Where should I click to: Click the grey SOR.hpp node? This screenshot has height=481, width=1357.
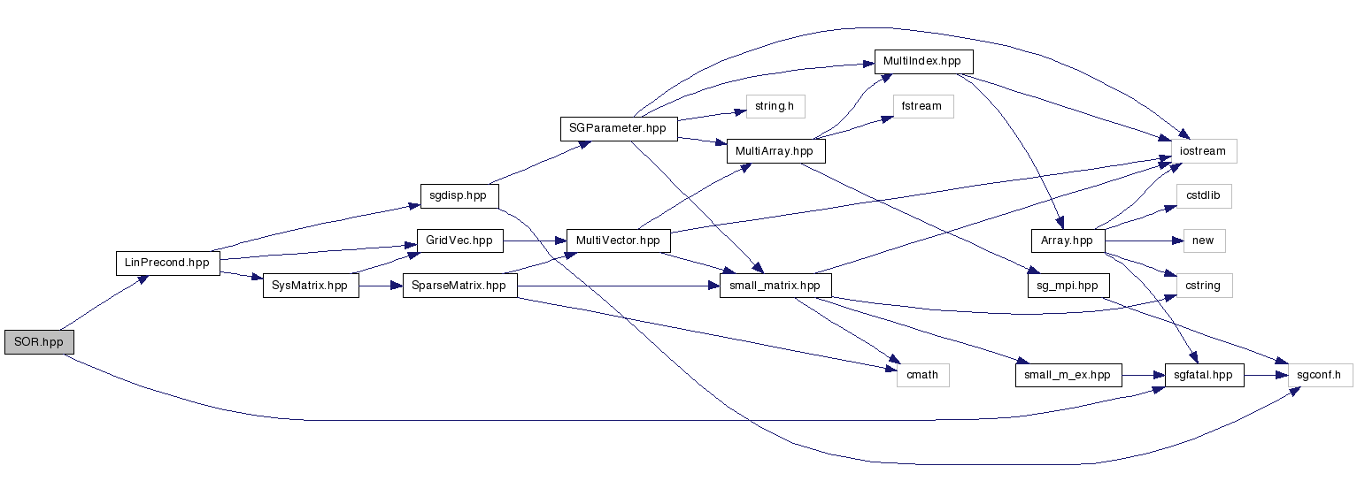click(x=39, y=342)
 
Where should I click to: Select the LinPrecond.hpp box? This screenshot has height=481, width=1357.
click(x=167, y=263)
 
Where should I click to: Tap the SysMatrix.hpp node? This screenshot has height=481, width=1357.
click(x=311, y=286)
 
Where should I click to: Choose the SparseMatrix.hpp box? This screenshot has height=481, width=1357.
click(x=459, y=286)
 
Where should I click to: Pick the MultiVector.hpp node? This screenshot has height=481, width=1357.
click(x=618, y=240)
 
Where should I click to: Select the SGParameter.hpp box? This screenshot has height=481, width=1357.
click(x=618, y=128)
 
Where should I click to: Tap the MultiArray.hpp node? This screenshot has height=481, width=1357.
click(x=775, y=151)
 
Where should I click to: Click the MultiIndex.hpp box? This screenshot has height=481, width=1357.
click(x=923, y=61)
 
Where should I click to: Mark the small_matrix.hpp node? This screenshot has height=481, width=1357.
click(x=775, y=286)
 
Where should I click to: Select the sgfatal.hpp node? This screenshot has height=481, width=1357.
click(x=1205, y=375)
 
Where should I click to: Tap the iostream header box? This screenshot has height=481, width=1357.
click(x=1204, y=151)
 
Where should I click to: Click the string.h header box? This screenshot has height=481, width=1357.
click(x=775, y=106)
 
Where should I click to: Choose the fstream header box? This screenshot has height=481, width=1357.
click(x=922, y=106)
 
